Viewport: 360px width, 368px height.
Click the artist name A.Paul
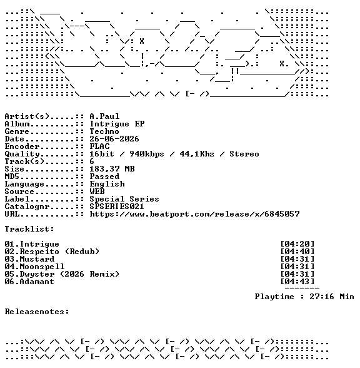pyautogui.click(x=104, y=116)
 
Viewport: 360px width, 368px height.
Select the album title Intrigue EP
pyautogui.click(x=117, y=124)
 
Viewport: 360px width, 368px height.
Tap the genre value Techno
pyautogui.click(x=104, y=131)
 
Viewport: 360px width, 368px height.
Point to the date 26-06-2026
pyautogui.click(x=114, y=139)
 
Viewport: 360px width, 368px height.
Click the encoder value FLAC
pyautogui.click(x=99, y=146)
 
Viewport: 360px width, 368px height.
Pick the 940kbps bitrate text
pyautogui.click(x=147, y=154)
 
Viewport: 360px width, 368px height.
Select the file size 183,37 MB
pyautogui.click(x=112, y=169)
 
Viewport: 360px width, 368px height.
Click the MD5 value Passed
pyautogui.click(x=104, y=176)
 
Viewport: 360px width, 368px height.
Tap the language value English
pyautogui.click(x=107, y=184)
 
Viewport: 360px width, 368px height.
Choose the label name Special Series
pyautogui.click(x=124, y=199)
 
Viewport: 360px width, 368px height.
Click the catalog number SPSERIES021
pyautogui.click(x=117, y=207)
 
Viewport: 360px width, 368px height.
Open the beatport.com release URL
pyautogui.click(x=195, y=214)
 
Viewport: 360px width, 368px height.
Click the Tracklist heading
pyautogui.click(x=29, y=229)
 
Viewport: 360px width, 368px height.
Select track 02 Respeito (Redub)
pyautogui.click(x=52, y=252)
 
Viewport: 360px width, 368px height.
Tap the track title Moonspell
pyautogui.click(x=42, y=267)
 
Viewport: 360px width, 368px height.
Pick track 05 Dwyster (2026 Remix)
pyautogui.click(x=62, y=274)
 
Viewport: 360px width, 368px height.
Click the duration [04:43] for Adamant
pyautogui.click(x=297, y=282)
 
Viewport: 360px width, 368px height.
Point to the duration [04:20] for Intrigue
pyautogui.click(x=297, y=244)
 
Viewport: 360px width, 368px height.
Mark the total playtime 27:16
pyautogui.click(x=322, y=297)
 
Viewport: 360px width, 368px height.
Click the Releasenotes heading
pyautogui.click(x=37, y=312)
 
